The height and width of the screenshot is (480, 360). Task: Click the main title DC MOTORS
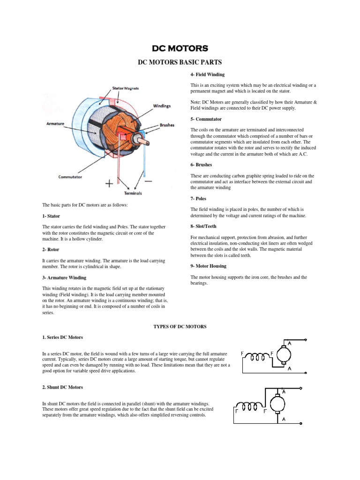[x=180, y=49]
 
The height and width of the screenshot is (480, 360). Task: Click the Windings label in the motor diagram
[x=161, y=106]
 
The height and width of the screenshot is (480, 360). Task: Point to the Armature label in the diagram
[x=55, y=124]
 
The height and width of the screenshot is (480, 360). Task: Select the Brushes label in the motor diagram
[x=167, y=125]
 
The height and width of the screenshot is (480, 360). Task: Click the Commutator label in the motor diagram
[x=70, y=177]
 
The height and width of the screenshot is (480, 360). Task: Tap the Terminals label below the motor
[x=133, y=193]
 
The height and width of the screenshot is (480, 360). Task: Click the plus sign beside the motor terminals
[x=109, y=184]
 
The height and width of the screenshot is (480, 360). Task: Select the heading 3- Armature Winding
[x=64, y=277]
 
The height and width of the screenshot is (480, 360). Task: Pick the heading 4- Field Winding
[x=207, y=74]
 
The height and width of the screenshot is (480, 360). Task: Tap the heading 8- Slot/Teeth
[x=203, y=226]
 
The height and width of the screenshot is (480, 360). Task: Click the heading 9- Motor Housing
[x=208, y=266]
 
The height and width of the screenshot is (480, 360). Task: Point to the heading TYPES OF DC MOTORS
[x=180, y=326]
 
